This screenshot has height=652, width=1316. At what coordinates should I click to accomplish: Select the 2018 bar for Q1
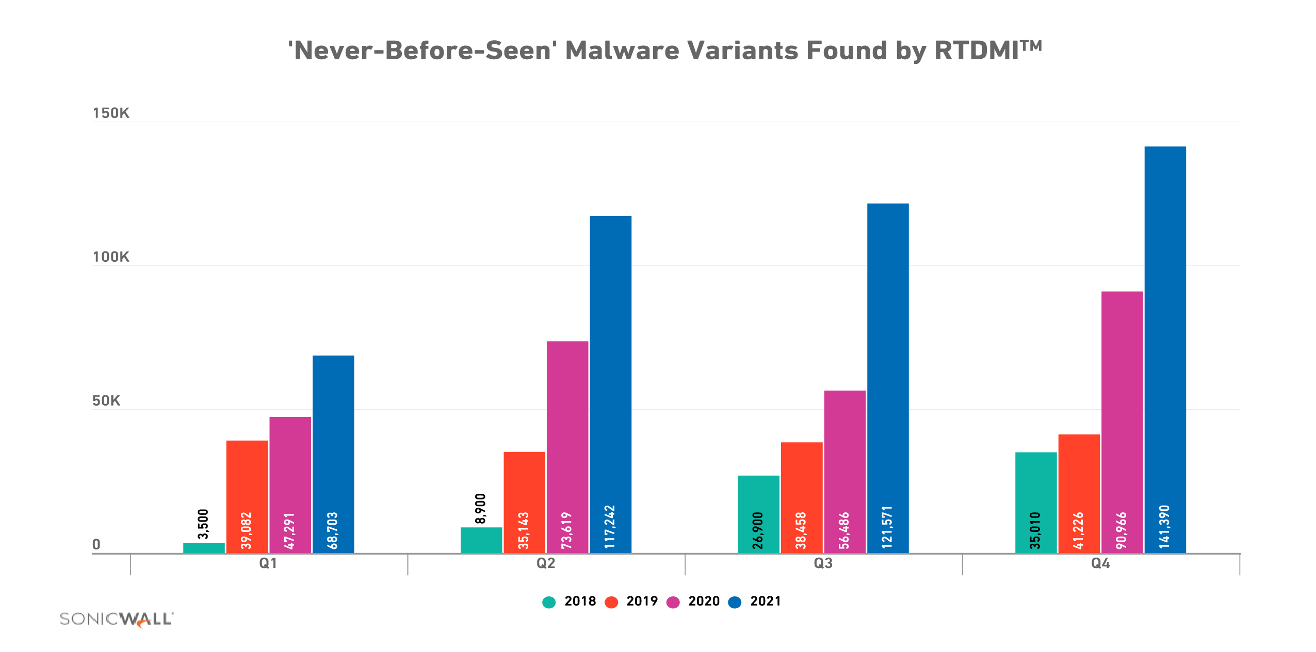tap(204, 547)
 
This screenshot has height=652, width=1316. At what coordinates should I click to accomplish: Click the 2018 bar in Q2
tap(481, 540)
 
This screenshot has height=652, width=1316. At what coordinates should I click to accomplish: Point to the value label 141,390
tap(1164, 527)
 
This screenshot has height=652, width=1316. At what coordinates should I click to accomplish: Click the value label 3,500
tap(203, 524)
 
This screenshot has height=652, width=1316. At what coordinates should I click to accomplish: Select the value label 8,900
tap(480, 508)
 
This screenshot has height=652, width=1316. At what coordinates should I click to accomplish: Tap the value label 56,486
tap(844, 530)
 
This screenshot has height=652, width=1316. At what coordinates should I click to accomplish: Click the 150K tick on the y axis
tap(111, 113)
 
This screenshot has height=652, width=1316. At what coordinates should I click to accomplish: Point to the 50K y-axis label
tap(106, 400)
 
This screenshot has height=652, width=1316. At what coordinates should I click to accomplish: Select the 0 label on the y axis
tap(96, 544)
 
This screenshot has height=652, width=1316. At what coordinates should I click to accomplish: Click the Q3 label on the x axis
tap(823, 563)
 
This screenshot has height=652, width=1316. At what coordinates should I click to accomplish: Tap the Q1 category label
tap(268, 563)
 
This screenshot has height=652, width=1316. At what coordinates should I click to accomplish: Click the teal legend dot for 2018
tap(549, 602)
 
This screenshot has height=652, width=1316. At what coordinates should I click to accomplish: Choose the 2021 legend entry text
tap(765, 601)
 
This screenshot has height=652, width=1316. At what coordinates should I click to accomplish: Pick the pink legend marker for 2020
tap(673, 602)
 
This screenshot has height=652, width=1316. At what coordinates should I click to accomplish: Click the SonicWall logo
tap(117, 619)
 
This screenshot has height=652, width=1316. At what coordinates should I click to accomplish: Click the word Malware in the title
tap(622, 51)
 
